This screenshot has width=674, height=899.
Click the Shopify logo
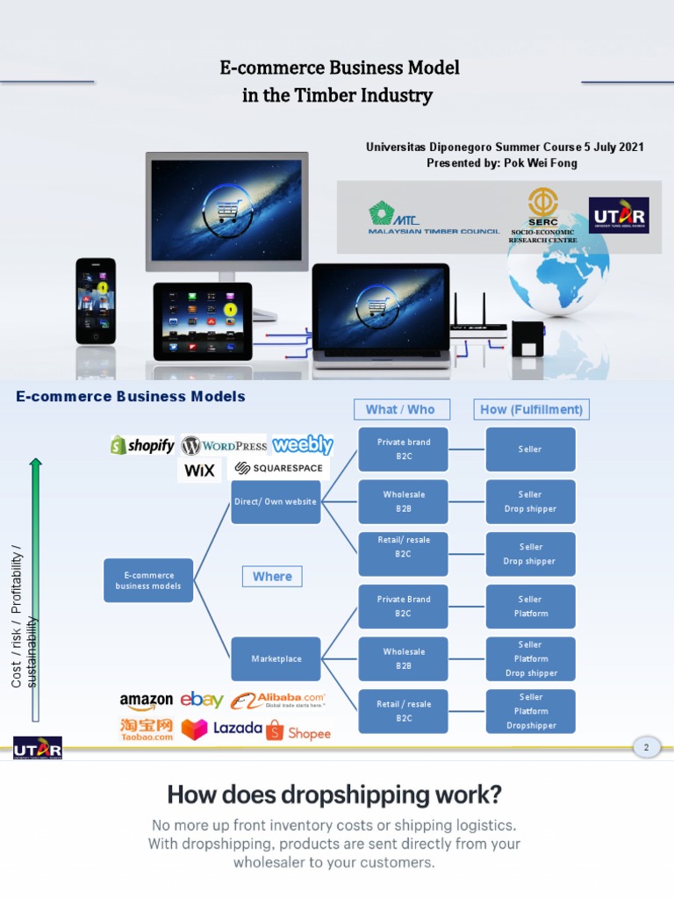(x=142, y=445)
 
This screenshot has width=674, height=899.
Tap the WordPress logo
(x=224, y=445)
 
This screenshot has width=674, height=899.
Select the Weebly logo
(x=302, y=444)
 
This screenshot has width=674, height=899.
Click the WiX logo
(x=199, y=471)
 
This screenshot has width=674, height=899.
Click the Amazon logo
(x=146, y=701)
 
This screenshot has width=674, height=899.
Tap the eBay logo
(x=202, y=700)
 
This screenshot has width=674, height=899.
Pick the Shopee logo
(x=298, y=731)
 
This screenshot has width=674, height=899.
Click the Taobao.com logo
(x=147, y=730)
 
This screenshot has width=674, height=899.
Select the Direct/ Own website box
(x=276, y=502)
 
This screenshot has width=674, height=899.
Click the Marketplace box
(x=276, y=658)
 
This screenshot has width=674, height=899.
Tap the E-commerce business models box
(x=148, y=580)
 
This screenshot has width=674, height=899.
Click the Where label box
(x=272, y=576)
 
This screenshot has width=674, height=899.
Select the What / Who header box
(x=400, y=409)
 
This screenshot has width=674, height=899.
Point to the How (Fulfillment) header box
(x=531, y=409)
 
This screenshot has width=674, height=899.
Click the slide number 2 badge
(x=646, y=747)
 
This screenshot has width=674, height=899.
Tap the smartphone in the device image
(x=96, y=301)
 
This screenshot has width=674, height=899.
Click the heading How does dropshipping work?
(x=334, y=795)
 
